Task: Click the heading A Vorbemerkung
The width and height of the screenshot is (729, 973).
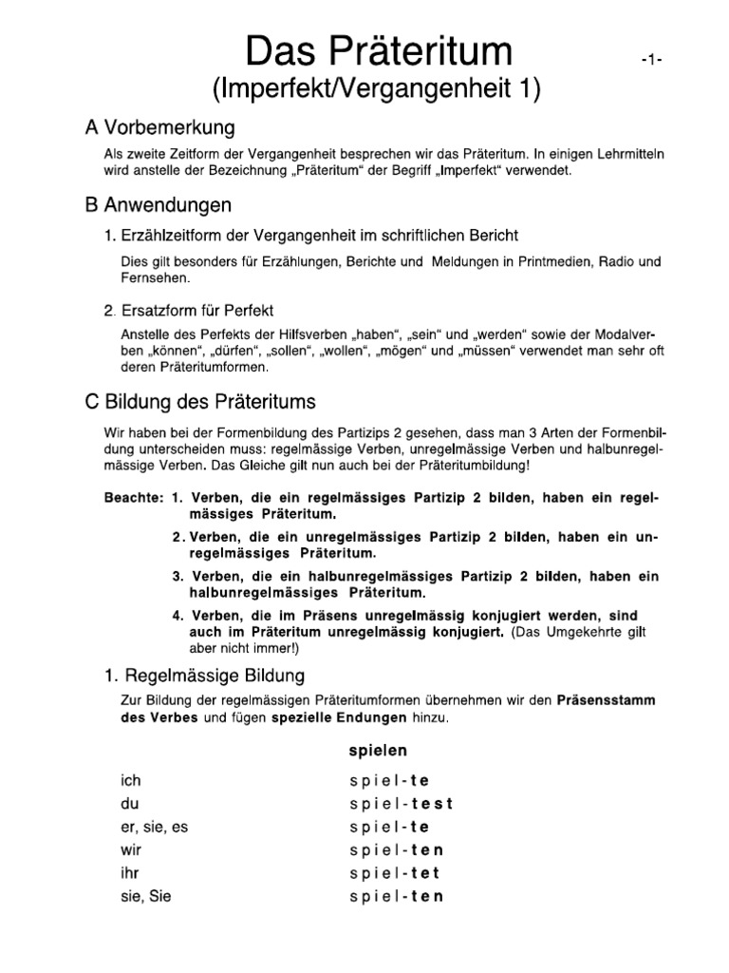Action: pos(160,127)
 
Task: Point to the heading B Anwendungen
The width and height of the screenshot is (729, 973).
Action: pos(159,205)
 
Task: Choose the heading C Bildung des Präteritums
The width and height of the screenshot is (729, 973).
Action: pos(201,401)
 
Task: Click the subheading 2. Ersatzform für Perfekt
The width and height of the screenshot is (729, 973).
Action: pos(189,311)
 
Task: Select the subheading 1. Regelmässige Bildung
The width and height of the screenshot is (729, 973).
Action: pos(204,677)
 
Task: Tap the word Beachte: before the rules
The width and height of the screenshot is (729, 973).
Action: pos(133,499)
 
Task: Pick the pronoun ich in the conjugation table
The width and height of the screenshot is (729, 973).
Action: pos(130,781)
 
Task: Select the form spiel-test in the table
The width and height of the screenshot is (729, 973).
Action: pos(402,804)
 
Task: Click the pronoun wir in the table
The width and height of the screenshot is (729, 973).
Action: pos(130,849)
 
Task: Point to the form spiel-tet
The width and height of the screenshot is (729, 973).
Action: pos(396,873)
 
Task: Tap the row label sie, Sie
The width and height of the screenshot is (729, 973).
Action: pos(145,896)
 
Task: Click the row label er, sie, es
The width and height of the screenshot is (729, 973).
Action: pos(155,827)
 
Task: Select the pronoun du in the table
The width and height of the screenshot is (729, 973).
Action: pos(130,804)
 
